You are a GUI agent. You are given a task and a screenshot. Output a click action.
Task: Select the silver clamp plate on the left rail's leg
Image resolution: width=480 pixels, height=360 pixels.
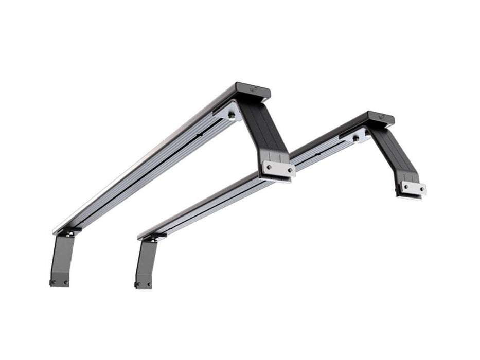click(278, 168)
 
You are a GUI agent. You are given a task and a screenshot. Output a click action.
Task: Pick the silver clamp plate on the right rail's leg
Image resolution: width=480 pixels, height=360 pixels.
click(414, 188)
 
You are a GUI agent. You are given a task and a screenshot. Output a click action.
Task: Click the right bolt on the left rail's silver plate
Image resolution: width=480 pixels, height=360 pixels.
click(290, 170)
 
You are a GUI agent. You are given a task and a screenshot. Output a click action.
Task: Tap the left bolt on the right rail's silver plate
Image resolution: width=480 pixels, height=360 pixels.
click(405, 187)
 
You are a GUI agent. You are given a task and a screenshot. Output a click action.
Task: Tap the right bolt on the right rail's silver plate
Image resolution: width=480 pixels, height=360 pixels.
click(422, 190)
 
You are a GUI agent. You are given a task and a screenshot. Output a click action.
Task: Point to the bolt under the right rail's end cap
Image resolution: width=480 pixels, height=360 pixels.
click(354, 138)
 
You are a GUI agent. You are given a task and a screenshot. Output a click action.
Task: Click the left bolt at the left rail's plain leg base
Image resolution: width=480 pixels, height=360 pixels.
click(52, 282)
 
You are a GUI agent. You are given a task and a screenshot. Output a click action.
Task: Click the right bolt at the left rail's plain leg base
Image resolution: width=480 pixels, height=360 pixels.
click(65, 282)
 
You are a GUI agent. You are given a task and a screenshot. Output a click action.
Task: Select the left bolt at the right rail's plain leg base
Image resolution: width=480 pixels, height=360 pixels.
click(137, 284)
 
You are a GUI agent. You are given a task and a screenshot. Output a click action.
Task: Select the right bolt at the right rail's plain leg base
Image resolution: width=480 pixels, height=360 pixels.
click(149, 284)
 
